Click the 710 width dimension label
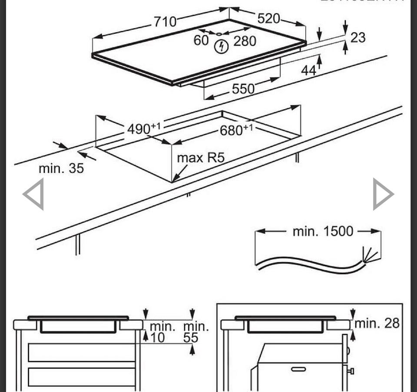click(165, 21)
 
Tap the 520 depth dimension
click(269, 19)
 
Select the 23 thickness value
click(357, 38)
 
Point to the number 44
click(309, 70)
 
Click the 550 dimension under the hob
click(243, 89)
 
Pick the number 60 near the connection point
click(202, 40)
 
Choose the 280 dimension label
click(245, 41)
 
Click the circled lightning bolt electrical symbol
click(222, 46)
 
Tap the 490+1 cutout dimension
click(144, 129)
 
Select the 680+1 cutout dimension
click(236, 130)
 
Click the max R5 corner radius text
click(201, 158)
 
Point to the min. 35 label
click(61, 168)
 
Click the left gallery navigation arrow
click(34, 194)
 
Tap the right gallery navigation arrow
click(383, 194)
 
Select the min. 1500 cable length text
click(323, 231)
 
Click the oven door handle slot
click(298, 369)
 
